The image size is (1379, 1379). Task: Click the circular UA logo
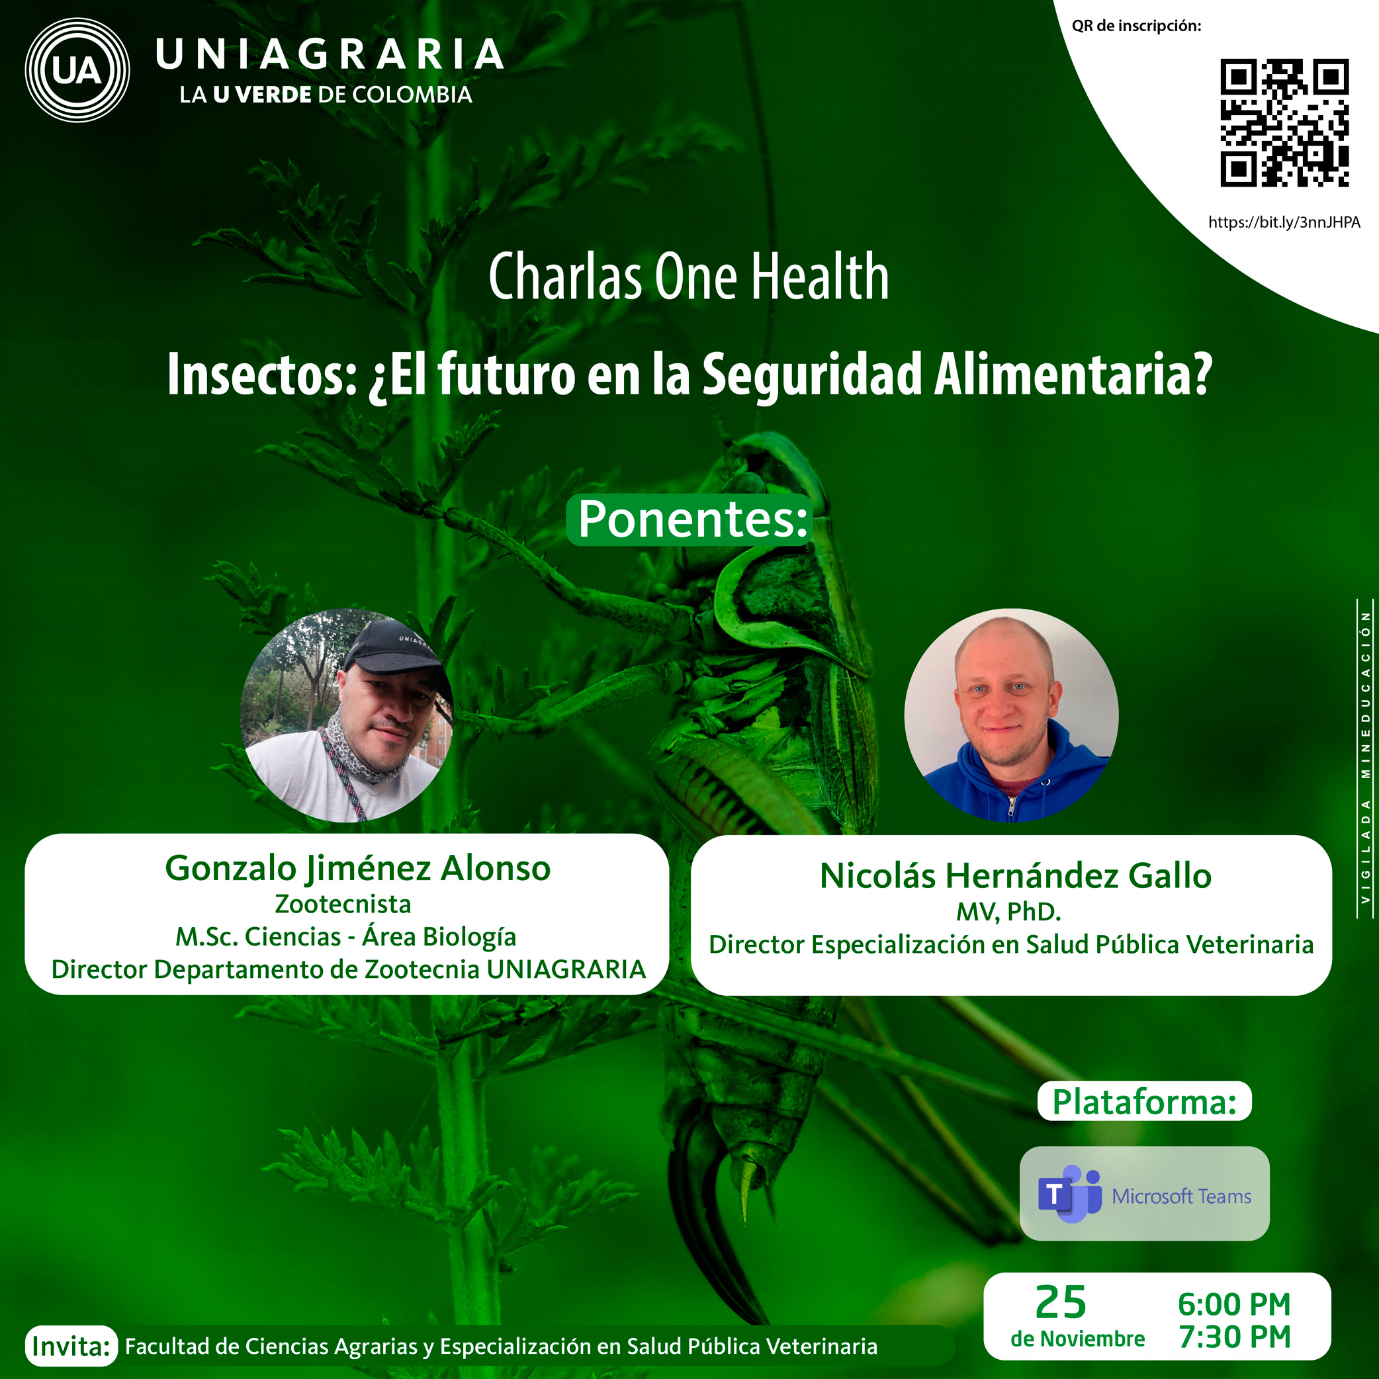[77, 71]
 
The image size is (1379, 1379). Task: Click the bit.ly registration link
[1283, 222]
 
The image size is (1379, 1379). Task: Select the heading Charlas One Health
[689, 277]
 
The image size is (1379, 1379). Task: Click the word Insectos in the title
[261, 374]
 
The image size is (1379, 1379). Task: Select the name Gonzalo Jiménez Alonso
[357, 869]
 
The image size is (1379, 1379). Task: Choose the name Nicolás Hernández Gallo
[1015, 876]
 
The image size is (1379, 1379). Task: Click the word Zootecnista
[343, 905]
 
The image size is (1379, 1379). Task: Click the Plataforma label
[1144, 1101]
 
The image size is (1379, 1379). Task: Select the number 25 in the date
[1061, 1302]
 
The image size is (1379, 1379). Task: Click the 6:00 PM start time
[1234, 1305]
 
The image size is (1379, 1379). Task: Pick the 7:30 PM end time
[1234, 1337]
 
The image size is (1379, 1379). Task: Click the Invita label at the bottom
[71, 1347]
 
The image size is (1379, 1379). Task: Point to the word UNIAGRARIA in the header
[329, 55]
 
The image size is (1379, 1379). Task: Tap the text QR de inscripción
[1136, 26]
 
